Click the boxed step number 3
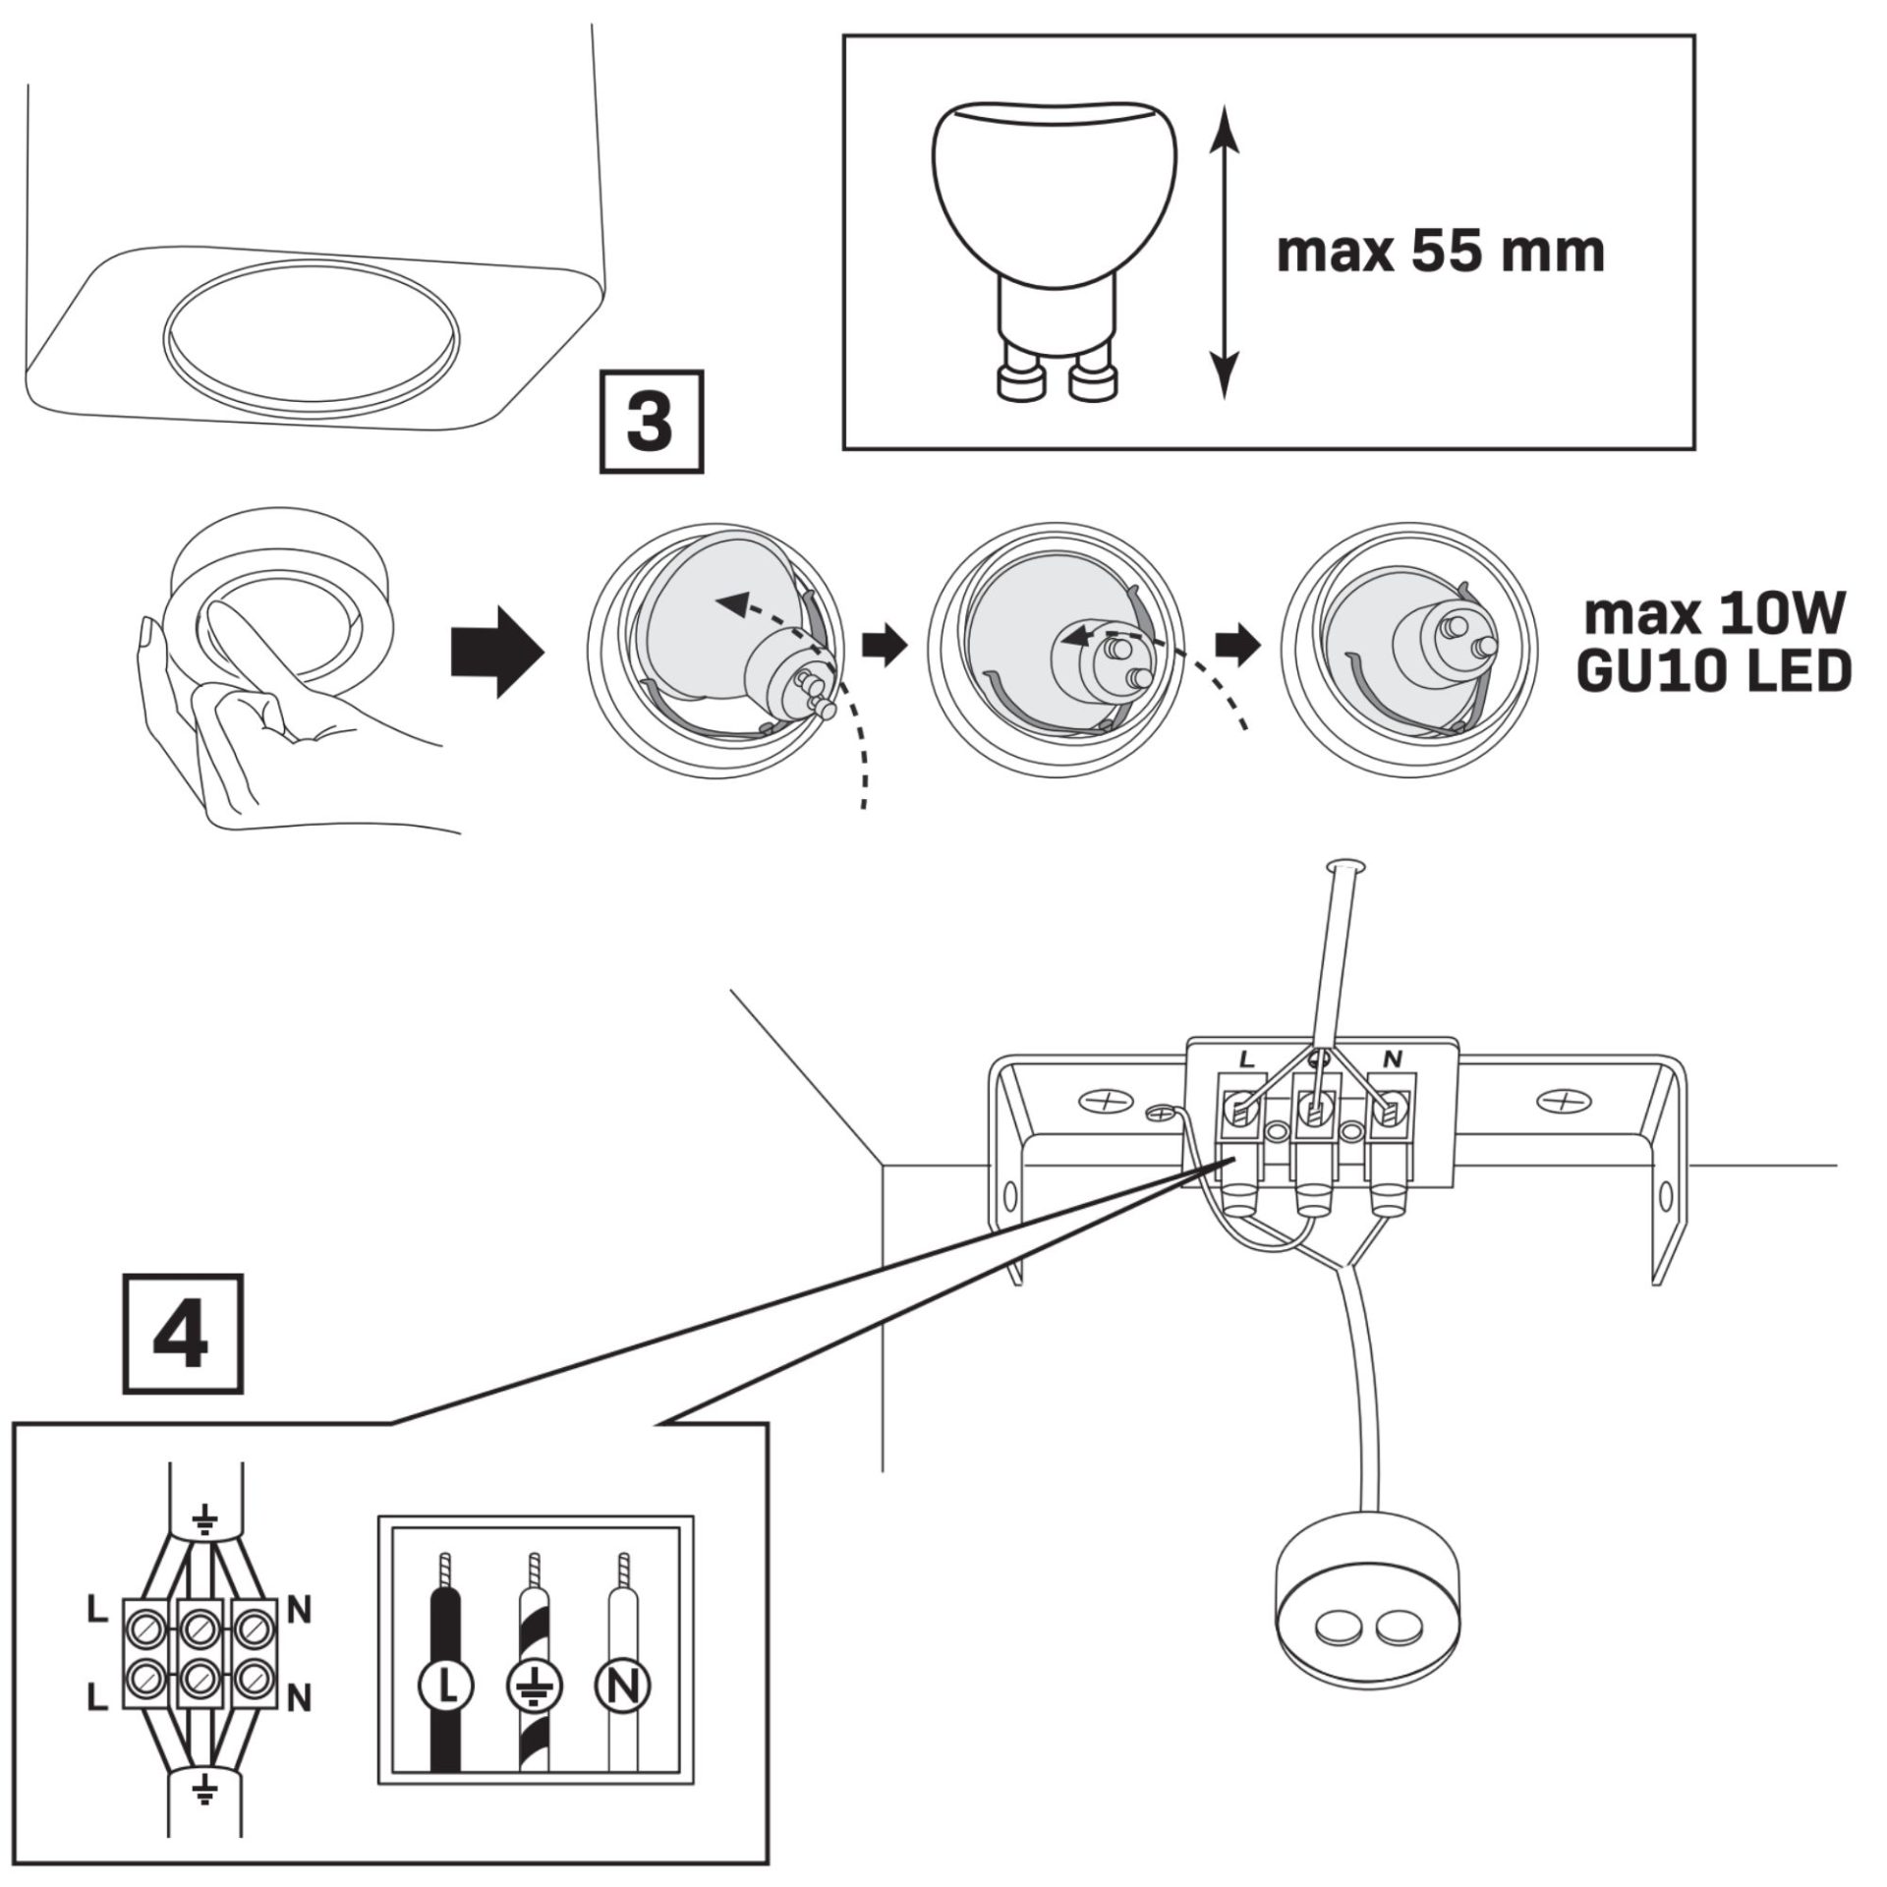(x=652, y=422)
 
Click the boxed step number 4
(x=183, y=1334)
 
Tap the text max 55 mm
(x=1440, y=252)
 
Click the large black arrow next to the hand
(x=496, y=653)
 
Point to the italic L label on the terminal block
(x=1246, y=1060)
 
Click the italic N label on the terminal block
(x=1392, y=1059)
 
